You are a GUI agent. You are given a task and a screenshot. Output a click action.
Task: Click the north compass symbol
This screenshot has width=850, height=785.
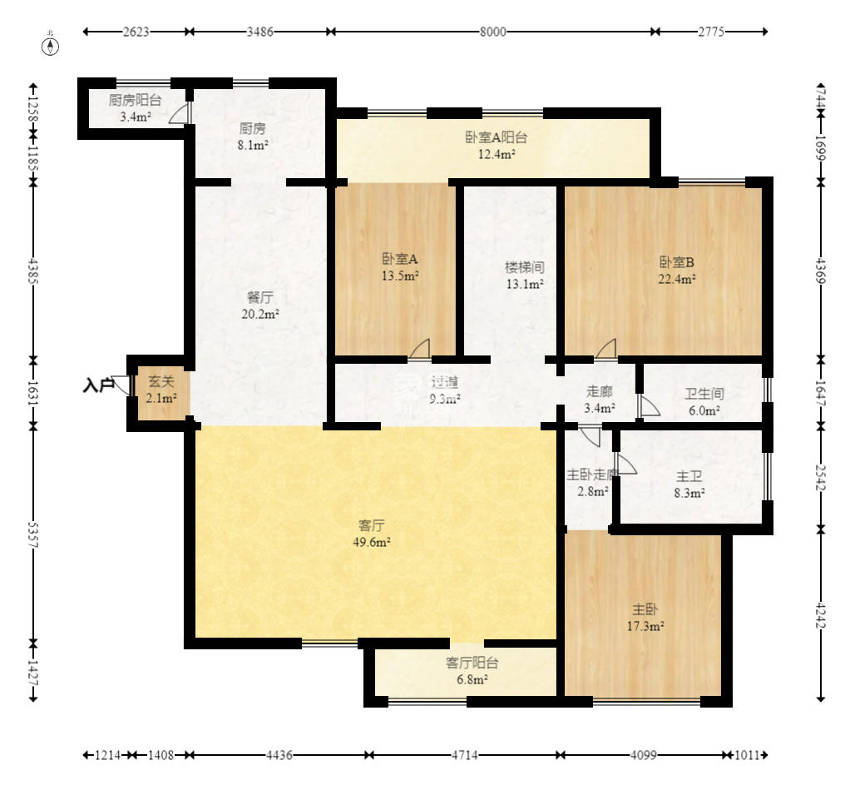51,46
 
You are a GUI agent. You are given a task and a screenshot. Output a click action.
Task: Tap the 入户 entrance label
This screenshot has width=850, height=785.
98,385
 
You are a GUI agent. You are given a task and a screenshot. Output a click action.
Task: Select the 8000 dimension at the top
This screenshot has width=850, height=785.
492,32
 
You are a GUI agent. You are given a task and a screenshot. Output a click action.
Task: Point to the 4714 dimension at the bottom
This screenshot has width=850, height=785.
465,755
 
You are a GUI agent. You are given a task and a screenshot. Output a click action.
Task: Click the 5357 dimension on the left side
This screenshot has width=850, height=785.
33,535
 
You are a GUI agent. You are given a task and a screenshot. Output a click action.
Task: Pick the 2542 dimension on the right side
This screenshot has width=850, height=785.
821,477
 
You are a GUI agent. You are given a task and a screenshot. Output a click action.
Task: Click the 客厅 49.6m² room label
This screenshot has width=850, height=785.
372,534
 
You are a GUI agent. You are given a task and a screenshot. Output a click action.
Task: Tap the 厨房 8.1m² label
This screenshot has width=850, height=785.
253,137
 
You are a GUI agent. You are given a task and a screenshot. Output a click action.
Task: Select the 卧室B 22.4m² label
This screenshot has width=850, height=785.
677,271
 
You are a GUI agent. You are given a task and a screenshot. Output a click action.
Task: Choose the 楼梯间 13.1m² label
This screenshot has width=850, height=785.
525,275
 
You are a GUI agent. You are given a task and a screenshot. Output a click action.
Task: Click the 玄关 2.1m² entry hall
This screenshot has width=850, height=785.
161,390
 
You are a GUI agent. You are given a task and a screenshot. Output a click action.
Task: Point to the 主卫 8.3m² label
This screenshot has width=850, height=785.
689,484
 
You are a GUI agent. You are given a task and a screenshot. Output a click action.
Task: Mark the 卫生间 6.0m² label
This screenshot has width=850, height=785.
704,402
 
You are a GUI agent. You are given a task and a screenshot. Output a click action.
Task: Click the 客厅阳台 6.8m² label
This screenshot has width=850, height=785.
472,670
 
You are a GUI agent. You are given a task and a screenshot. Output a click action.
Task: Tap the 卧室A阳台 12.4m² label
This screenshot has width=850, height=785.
496,146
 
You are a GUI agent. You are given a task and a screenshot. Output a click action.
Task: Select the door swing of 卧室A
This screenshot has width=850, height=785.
419,349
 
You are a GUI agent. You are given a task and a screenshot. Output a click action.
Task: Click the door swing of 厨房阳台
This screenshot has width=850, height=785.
180,113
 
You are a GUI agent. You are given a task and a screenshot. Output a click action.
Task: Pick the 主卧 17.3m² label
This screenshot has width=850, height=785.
645,618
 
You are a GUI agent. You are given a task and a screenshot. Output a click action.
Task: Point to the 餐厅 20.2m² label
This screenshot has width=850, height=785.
260,306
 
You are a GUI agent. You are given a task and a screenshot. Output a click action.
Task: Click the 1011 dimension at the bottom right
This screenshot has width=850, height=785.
748,755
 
